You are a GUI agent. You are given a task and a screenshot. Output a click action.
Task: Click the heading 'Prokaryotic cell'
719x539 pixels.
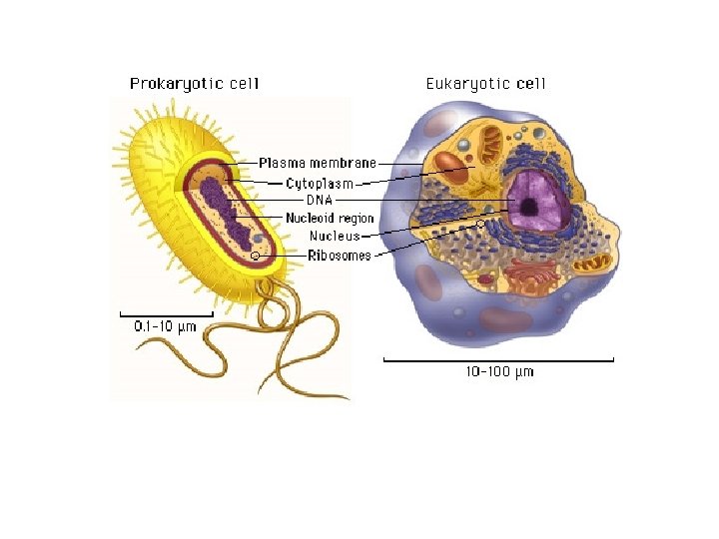coord(194,84)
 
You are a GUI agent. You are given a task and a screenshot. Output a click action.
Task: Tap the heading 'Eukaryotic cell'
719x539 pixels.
coord(486,84)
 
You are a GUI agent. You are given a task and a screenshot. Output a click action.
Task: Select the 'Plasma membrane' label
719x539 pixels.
coord(318,163)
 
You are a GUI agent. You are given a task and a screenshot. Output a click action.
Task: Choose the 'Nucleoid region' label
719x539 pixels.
coord(330,218)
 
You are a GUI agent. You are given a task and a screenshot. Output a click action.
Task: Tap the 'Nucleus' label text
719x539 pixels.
coord(334,237)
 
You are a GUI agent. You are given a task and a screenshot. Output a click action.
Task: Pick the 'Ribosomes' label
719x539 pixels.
coord(339,256)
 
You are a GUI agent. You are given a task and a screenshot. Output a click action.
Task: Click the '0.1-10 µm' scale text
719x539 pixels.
coord(165,325)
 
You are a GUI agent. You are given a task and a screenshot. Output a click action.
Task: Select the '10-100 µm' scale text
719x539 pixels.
coord(499,372)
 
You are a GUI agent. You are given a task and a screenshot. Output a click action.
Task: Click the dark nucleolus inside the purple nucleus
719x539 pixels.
coord(528,208)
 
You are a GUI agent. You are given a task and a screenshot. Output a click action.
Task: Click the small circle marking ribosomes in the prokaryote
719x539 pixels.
coord(256,257)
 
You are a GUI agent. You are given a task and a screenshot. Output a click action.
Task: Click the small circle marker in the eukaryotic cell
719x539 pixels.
coord(480,224)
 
